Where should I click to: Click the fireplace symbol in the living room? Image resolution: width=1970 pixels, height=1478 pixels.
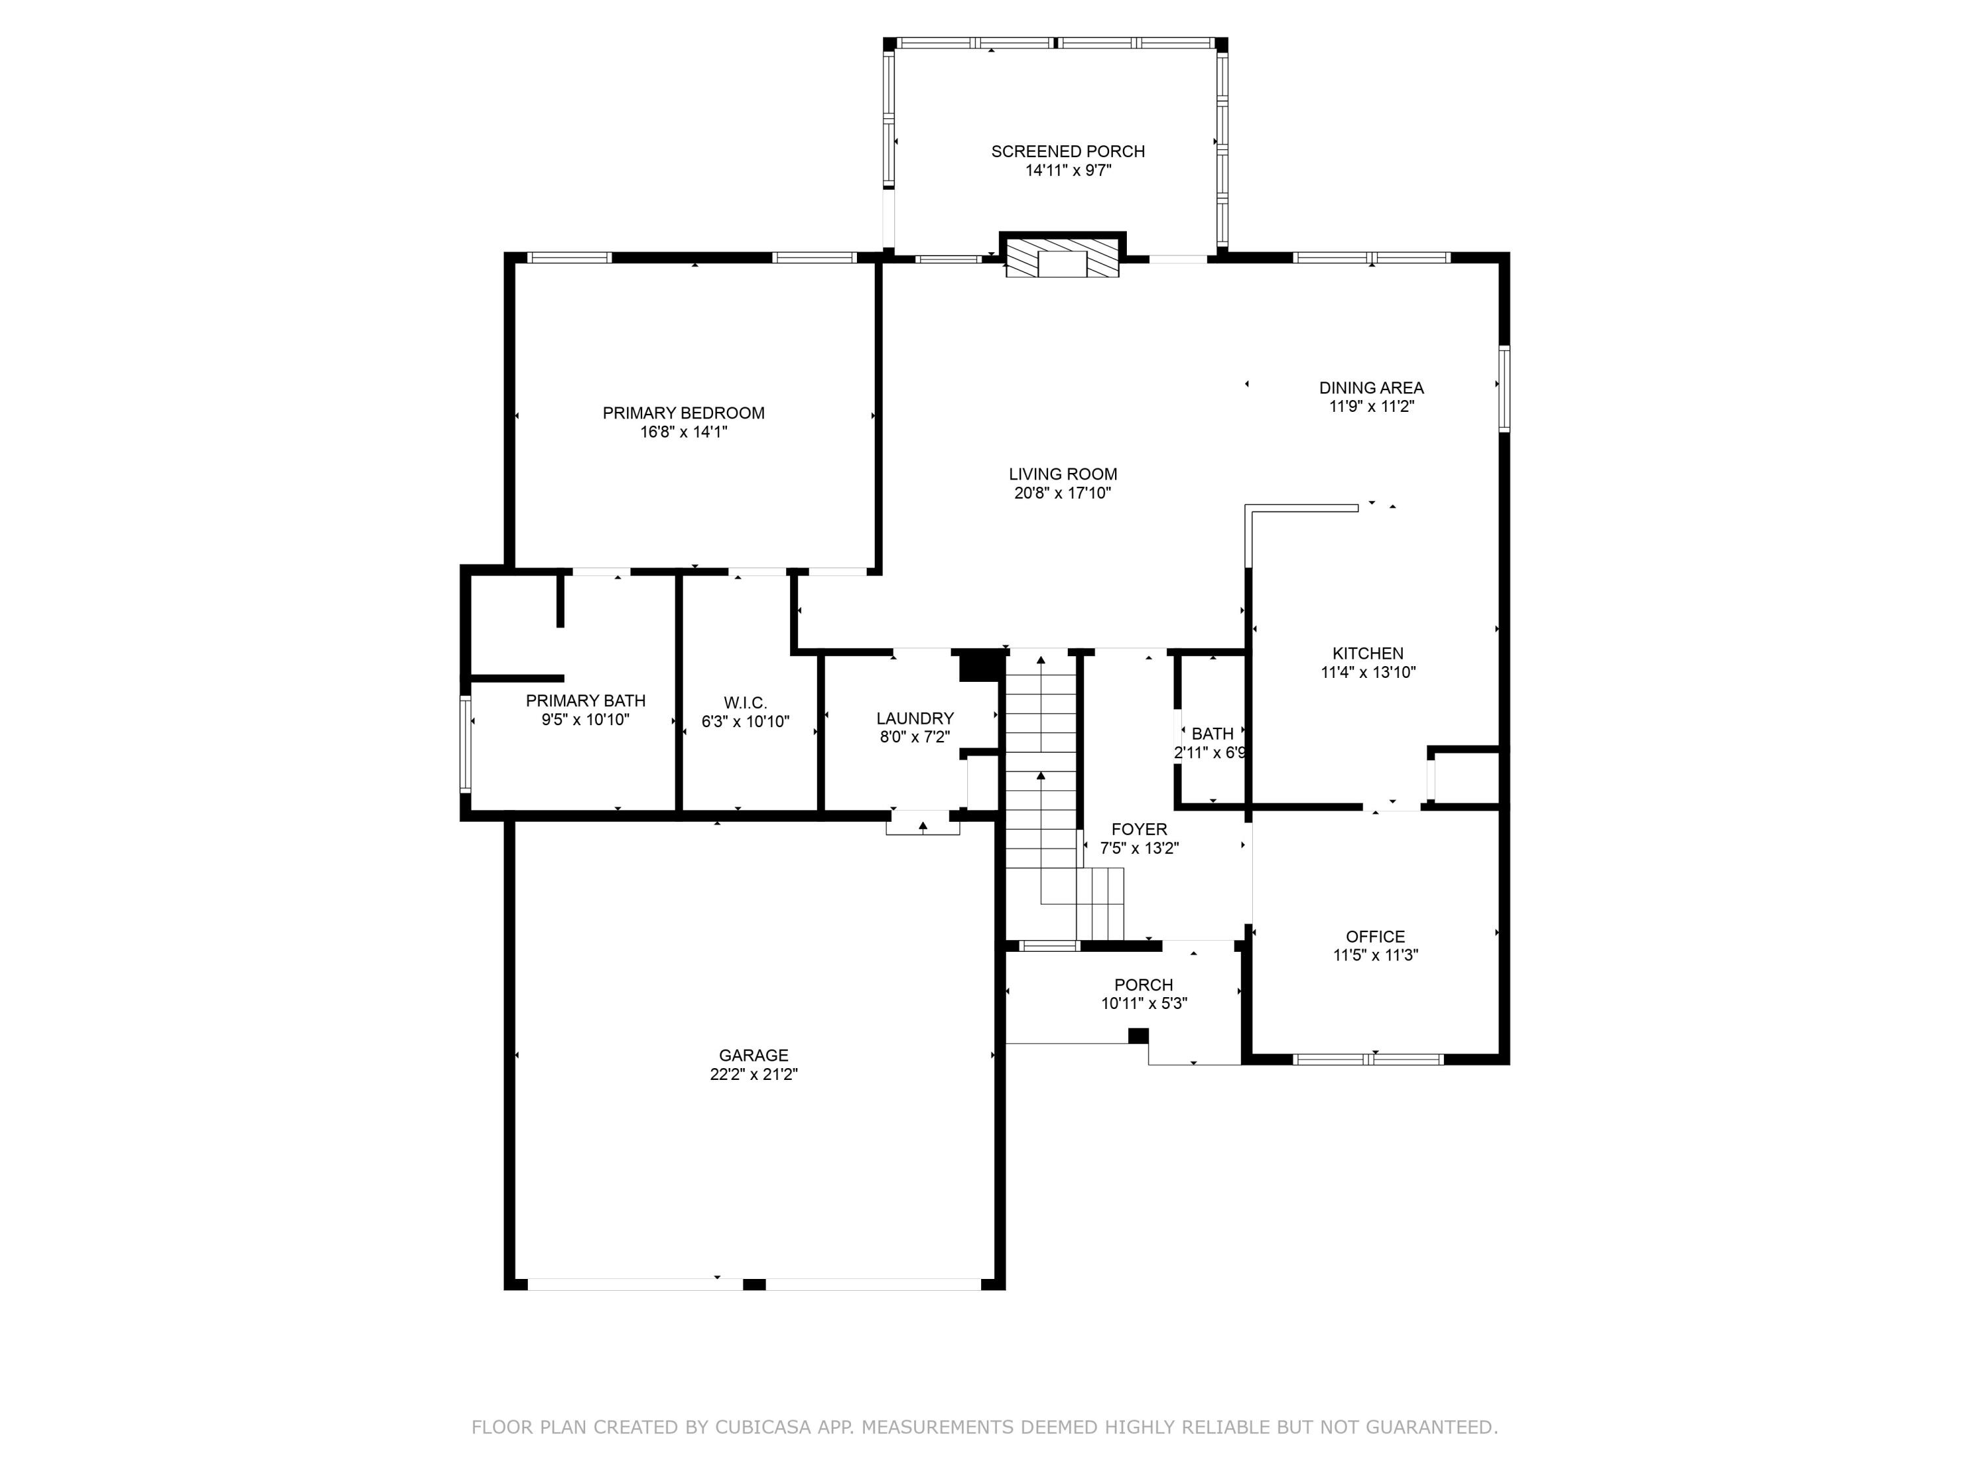point(1062,259)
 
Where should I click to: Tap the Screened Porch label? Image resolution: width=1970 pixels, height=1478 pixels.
point(1068,152)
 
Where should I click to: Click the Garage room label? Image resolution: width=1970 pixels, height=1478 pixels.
point(753,1056)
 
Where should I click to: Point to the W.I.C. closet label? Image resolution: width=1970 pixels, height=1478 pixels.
point(745,703)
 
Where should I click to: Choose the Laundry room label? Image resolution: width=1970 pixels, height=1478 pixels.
point(915,718)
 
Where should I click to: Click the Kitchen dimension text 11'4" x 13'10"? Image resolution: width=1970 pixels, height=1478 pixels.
point(1368,673)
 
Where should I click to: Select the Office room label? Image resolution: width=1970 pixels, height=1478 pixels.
point(1375,936)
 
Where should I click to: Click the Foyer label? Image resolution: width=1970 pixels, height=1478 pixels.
point(1139,830)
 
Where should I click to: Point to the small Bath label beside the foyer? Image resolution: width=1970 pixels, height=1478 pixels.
point(1212,733)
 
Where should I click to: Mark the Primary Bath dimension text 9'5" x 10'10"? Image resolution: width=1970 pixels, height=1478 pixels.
point(585,720)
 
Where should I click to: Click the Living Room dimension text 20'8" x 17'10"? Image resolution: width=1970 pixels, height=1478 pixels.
point(1062,493)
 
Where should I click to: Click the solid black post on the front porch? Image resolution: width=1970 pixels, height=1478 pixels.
point(1137,1035)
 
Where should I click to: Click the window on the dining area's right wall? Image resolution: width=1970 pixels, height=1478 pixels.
point(1504,390)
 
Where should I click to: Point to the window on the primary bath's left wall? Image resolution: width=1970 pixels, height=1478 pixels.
point(465,744)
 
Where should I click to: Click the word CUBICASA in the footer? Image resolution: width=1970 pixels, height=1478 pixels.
point(762,1427)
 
